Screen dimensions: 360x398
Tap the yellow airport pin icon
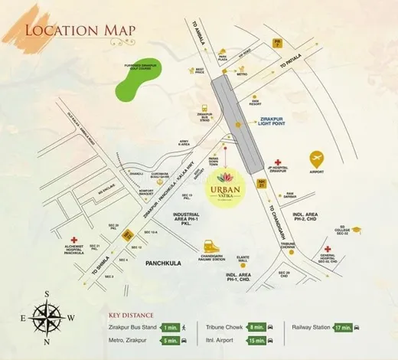pos(316,159)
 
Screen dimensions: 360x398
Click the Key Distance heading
pos(131,315)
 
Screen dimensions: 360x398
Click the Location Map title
pos(80,31)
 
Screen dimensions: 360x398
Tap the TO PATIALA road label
pos(294,67)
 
